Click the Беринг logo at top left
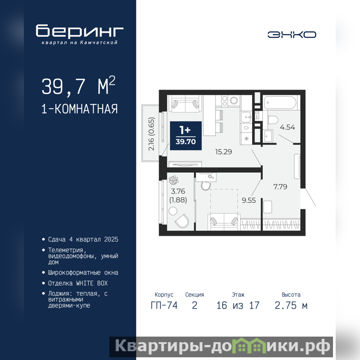click(x=80, y=34)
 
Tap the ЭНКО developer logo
click(x=292, y=35)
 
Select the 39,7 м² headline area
click(x=78, y=86)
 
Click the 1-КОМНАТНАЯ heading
click(x=80, y=109)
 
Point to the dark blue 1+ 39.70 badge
click(x=186, y=136)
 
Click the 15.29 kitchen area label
click(x=223, y=152)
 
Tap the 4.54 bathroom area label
click(x=288, y=127)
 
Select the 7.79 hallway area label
click(x=280, y=187)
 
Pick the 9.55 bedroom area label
click(x=249, y=200)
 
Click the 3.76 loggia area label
click(x=178, y=191)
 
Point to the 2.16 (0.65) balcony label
click(x=152, y=134)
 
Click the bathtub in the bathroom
click(x=279, y=102)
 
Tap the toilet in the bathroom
click(x=273, y=120)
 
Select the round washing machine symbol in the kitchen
click(x=234, y=100)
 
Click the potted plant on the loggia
click(x=174, y=180)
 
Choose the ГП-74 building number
click(x=164, y=306)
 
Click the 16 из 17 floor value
click(x=238, y=306)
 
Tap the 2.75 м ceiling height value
click(x=291, y=306)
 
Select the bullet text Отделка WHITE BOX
click(x=78, y=283)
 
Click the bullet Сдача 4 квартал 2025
click(x=83, y=239)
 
